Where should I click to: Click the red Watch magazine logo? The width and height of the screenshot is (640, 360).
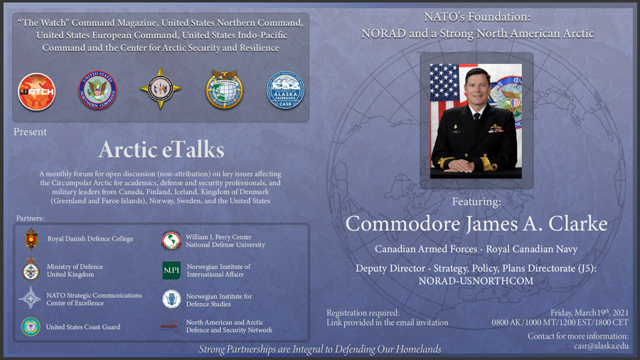pos(37,92)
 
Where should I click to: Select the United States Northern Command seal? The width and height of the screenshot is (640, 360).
pos(97,90)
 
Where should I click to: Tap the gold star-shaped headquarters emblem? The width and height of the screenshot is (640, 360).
pos(161,88)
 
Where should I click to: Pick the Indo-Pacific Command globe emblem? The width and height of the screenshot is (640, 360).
pos(225,89)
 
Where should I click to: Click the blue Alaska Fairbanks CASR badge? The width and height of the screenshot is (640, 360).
pos(285,90)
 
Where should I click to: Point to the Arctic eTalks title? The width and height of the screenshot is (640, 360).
pos(161,149)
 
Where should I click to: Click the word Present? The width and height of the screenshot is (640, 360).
pos(30,132)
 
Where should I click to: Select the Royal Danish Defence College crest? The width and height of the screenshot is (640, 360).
pos(31,239)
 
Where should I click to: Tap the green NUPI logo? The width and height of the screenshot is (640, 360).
pos(171,270)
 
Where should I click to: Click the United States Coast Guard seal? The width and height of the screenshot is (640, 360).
pos(31,327)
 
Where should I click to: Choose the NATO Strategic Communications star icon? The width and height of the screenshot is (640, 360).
pos(30,297)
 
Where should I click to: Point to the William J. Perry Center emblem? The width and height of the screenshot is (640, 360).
pos(171,240)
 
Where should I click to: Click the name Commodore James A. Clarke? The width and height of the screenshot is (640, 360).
pos(476,223)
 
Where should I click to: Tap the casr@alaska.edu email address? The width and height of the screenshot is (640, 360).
pos(601,346)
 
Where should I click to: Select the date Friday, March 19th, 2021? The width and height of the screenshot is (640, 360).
pos(590,312)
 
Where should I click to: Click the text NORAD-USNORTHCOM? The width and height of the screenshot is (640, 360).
pos(476,281)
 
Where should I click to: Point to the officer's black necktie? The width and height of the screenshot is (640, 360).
pos(476,118)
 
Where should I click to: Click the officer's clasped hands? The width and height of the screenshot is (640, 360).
pos(459,165)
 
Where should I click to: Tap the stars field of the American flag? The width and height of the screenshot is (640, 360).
pos(444,83)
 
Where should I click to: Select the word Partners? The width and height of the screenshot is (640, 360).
pos(30,218)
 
